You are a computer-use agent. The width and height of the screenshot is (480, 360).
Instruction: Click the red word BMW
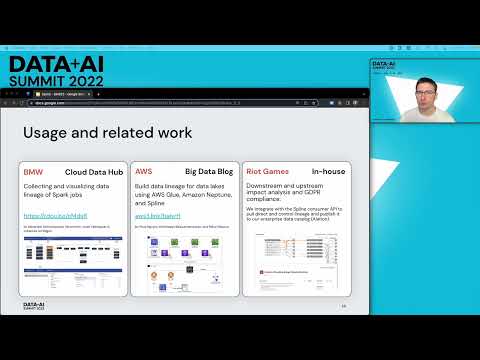(x=34, y=172)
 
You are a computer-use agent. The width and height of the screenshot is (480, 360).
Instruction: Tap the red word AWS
(x=144, y=172)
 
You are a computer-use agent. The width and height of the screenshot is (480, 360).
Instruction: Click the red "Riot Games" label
(x=267, y=172)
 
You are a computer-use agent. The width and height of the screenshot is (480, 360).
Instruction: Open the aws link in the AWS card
(x=159, y=215)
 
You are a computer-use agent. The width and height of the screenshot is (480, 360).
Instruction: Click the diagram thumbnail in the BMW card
(x=73, y=255)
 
